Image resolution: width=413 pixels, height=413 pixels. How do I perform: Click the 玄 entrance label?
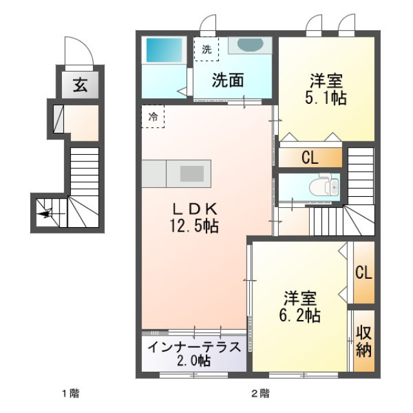click(80, 85)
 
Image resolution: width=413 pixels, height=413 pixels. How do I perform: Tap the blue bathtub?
click(164, 50)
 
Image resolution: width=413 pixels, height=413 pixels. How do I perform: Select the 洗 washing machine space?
click(206, 49)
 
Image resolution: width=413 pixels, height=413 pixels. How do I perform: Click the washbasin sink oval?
click(250, 44)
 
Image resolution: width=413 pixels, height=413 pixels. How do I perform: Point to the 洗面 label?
click(228, 80)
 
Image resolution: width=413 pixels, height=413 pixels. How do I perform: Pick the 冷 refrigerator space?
click(153, 116)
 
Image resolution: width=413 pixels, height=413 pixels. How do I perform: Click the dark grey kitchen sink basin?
click(192, 174)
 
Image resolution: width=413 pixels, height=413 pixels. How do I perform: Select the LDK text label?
click(195, 210)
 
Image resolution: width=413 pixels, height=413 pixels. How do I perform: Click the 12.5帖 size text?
click(194, 226)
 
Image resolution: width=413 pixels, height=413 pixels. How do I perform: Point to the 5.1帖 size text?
click(325, 98)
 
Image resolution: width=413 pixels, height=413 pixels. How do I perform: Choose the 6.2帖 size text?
click(299, 315)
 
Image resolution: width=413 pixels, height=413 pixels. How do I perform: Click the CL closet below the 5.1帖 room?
click(310, 157)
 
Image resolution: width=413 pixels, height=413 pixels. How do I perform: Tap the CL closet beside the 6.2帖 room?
click(364, 272)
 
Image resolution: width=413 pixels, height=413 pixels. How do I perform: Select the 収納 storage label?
click(364, 341)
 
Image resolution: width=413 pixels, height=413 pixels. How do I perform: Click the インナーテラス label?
click(194, 347)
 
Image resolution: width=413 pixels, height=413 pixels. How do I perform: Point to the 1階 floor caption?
click(70, 394)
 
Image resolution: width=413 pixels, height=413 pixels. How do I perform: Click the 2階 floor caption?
click(260, 394)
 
